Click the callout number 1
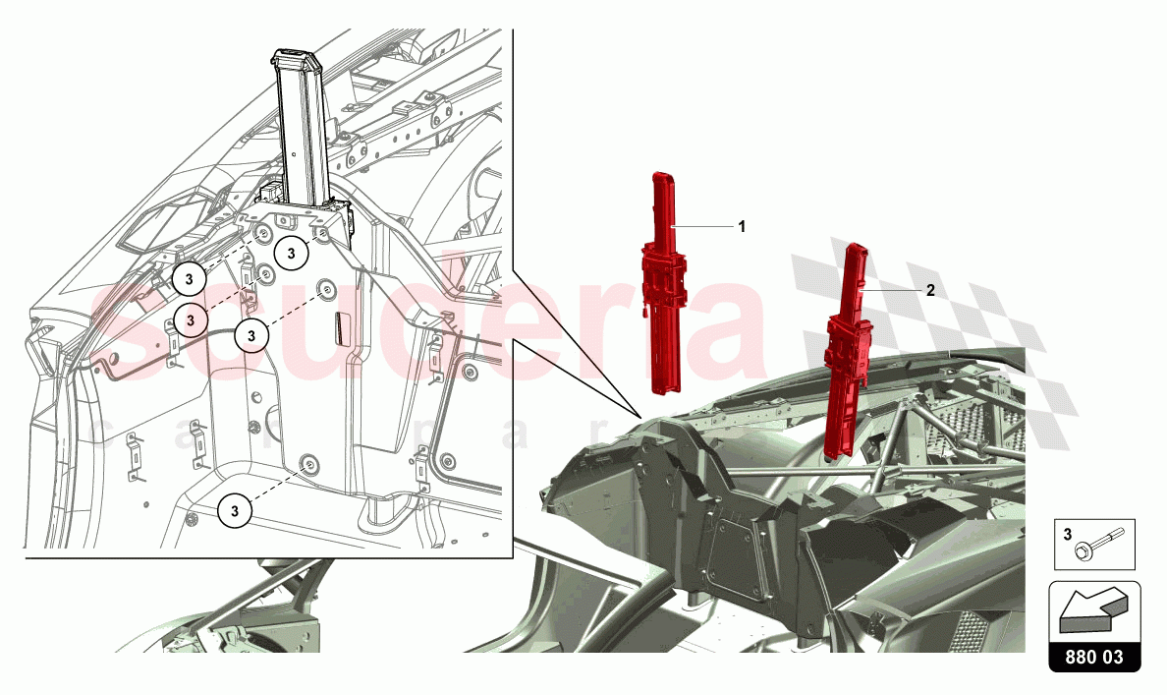click(x=742, y=226)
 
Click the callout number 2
click(x=929, y=292)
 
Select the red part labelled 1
click(x=667, y=295)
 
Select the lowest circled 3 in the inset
click(x=235, y=510)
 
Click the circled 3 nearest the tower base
click(x=291, y=253)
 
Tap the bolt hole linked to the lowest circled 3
click(x=309, y=464)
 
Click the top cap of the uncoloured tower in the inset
click(x=296, y=58)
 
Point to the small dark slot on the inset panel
click(x=339, y=326)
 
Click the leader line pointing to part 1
click(x=702, y=226)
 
